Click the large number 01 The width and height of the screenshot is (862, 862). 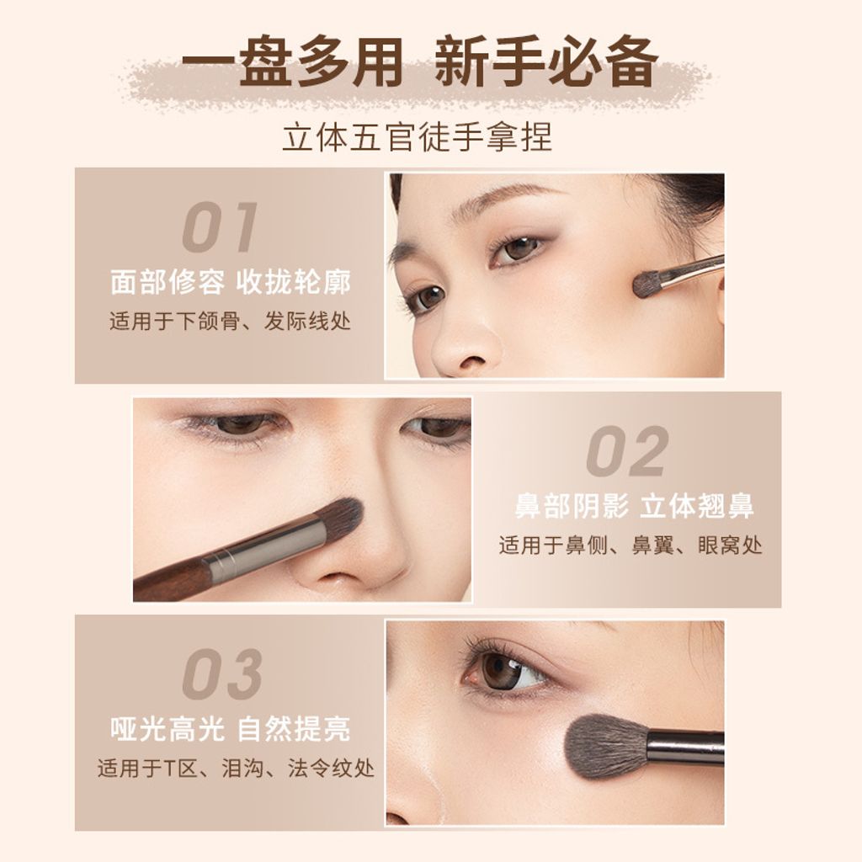tap(220, 227)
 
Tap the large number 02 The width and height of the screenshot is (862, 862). tap(627, 451)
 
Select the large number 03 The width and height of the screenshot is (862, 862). tap(222, 674)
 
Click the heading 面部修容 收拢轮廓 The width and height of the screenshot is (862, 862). tap(231, 282)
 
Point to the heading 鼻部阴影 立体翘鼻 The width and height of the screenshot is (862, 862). tap(634, 506)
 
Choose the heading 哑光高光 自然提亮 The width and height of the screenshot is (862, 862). tap(231, 729)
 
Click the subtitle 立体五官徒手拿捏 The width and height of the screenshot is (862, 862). tap(418, 137)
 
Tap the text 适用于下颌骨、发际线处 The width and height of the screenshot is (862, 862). tap(230, 321)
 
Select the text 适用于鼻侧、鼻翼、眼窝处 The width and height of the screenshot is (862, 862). tap(631, 545)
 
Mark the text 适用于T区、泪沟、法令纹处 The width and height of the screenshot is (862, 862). tap(236, 768)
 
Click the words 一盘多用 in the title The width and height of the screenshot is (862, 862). tap(292, 61)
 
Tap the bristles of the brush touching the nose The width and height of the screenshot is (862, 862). tap(339, 519)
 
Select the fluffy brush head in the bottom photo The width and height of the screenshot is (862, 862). tap(606, 746)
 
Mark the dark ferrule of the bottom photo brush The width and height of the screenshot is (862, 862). tap(685, 748)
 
